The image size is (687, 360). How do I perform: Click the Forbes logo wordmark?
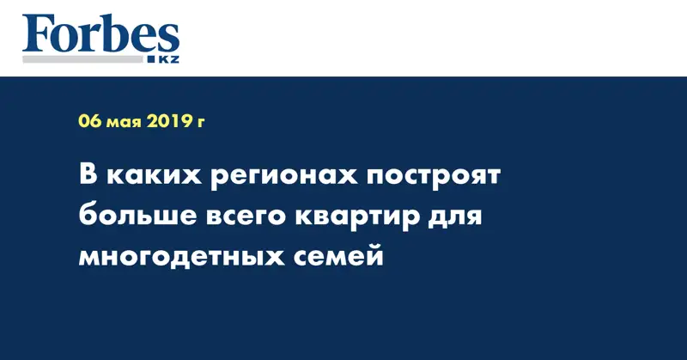(x=100, y=34)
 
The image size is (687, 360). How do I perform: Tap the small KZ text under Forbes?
(x=168, y=59)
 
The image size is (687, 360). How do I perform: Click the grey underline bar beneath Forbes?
(x=82, y=59)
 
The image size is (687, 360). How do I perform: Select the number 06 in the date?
(x=90, y=121)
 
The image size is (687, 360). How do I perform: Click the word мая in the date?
(x=124, y=123)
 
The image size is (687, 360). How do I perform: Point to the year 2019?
(x=167, y=121)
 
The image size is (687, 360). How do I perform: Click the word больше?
(x=138, y=217)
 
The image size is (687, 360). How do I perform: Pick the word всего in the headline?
(x=246, y=218)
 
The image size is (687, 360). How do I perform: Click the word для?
(x=455, y=218)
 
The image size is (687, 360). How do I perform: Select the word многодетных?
(x=181, y=258)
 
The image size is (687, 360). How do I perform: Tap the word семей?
(x=338, y=255)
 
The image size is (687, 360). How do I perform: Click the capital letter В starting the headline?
(x=88, y=175)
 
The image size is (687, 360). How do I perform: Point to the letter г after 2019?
(x=200, y=123)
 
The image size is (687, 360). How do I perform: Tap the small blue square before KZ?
(x=152, y=59)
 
